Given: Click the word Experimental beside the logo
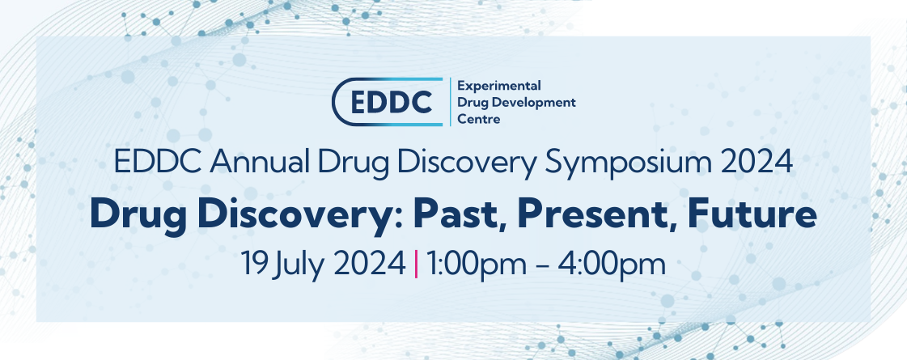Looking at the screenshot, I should pos(499,85).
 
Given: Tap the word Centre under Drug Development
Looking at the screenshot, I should pos(479,119).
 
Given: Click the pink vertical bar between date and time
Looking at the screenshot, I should pos(416,264).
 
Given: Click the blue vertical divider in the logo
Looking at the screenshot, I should pos(450,102).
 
